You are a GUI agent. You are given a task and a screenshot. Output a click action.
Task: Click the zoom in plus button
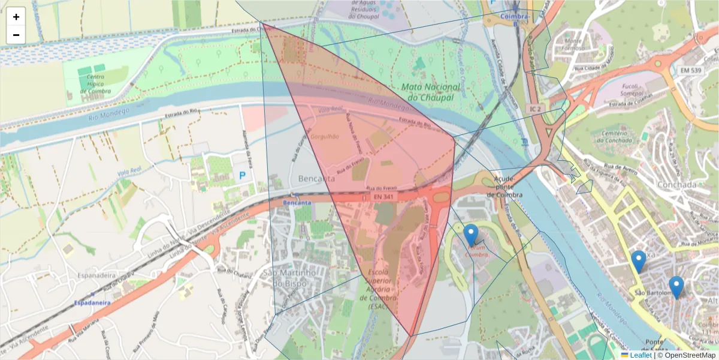(x=16, y=17)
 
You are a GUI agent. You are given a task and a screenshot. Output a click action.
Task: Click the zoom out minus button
(x=16, y=35)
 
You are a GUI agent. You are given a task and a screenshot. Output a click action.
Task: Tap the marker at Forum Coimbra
(x=471, y=235)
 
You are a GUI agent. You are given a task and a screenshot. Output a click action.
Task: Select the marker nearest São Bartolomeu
(x=676, y=287)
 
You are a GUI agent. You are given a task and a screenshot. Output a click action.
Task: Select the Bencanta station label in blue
(x=298, y=203)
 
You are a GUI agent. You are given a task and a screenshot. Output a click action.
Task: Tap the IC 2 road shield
(x=535, y=109)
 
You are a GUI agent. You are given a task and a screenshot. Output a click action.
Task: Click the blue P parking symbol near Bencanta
(x=243, y=176)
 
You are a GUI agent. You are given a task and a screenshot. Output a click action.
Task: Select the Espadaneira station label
(x=92, y=303)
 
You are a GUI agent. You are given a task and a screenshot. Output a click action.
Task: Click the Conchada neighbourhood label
(x=676, y=185)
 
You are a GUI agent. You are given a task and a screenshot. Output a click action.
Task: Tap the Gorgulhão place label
(x=325, y=136)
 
